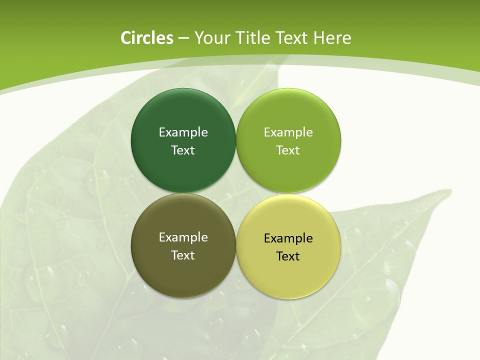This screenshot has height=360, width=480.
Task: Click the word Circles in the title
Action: coord(147,38)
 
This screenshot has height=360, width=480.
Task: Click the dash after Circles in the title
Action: coord(183,38)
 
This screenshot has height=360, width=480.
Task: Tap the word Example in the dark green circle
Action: coord(183,132)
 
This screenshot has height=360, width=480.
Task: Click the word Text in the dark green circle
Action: coord(183,150)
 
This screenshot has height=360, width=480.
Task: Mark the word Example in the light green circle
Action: coord(288,132)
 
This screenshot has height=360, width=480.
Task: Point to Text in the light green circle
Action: coord(288,150)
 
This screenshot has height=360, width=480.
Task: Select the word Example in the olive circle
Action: coord(183,237)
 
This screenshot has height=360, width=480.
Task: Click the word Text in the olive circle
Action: coord(183,255)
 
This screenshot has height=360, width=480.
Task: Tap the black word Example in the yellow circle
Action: coord(288,238)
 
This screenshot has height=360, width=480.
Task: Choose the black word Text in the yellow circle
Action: coord(288,256)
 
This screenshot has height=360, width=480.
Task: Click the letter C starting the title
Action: coord(125,38)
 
